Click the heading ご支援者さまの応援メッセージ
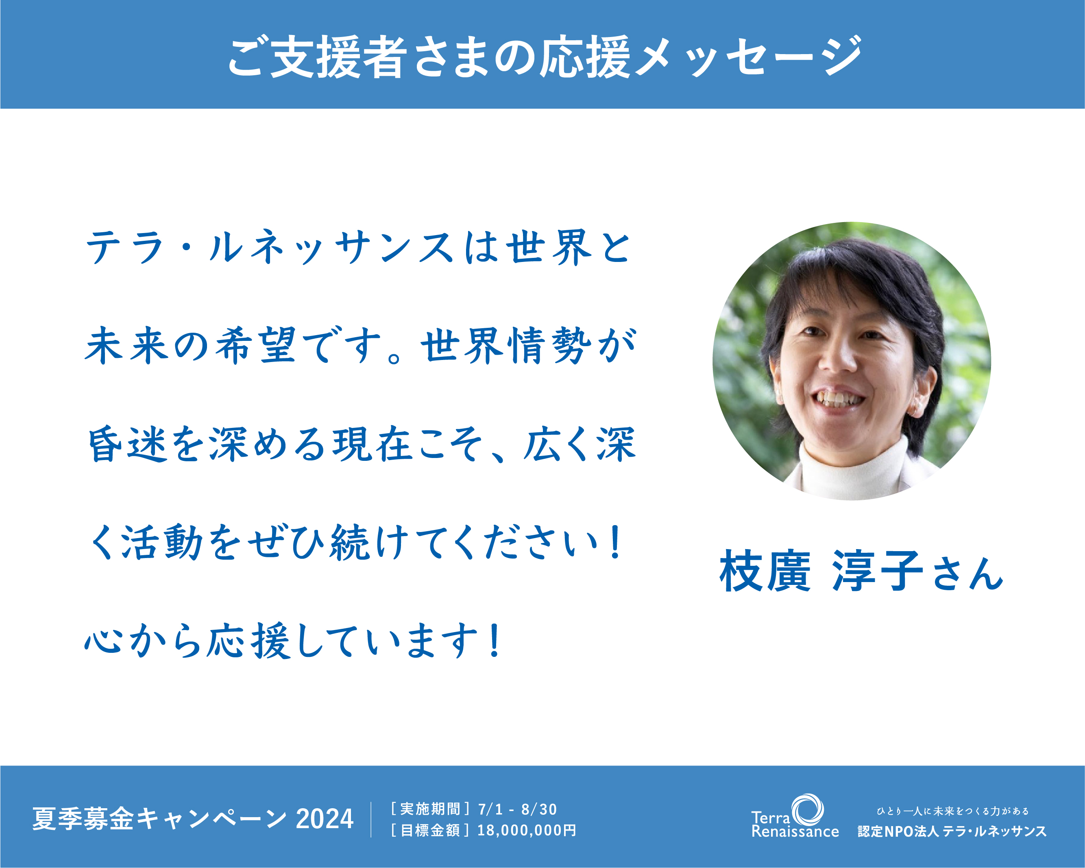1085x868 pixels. (x=545, y=57)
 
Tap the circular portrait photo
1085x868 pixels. (x=852, y=361)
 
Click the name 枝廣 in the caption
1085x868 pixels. (x=765, y=571)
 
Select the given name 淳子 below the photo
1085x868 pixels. (x=878, y=571)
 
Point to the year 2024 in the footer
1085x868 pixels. (x=325, y=819)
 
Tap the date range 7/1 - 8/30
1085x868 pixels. (x=517, y=809)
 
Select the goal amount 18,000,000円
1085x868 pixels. (x=526, y=830)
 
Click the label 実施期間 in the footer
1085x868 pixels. (x=430, y=809)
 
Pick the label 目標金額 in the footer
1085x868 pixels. (x=430, y=830)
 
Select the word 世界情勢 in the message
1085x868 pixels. (x=506, y=345)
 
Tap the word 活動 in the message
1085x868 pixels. (x=161, y=542)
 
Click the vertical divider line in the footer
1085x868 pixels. (x=371, y=820)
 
